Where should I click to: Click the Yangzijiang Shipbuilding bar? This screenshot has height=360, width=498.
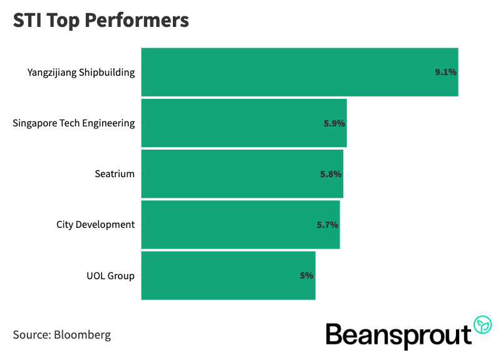[x=299, y=72]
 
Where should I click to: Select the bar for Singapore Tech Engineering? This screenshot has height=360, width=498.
[x=244, y=123]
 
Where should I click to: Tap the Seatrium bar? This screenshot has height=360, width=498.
[x=242, y=174]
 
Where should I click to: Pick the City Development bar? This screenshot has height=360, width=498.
[x=240, y=225]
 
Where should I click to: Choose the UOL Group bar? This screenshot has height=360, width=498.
[x=228, y=275]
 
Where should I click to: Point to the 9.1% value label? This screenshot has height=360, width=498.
[x=445, y=72]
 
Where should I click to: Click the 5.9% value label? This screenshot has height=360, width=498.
[x=335, y=123]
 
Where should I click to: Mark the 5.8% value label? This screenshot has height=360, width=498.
[x=331, y=174]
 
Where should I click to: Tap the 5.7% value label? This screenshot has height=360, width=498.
[x=328, y=225]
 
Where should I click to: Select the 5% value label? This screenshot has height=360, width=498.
[x=306, y=275]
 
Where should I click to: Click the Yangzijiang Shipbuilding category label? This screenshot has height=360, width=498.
[x=81, y=72]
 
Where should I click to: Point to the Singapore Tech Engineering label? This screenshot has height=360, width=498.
[x=74, y=123]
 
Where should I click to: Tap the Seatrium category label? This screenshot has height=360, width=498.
[x=114, y=174]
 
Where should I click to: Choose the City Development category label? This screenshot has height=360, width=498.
[x=95, y=225]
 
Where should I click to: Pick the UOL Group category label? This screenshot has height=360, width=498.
[x=110, y=275]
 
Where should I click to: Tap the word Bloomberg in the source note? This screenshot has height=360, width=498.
[x=83, y=334]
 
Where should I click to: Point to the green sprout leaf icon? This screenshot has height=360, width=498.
[x=483, y=325]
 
